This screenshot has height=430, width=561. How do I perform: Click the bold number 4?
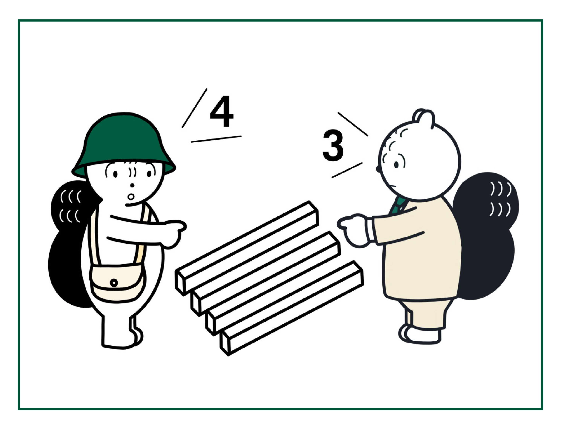(222, 112)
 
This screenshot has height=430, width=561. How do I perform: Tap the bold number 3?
(333, 145)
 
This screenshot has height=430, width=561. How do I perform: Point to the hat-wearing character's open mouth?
(131, 197)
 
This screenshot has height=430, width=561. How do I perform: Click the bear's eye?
(396, 165)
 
